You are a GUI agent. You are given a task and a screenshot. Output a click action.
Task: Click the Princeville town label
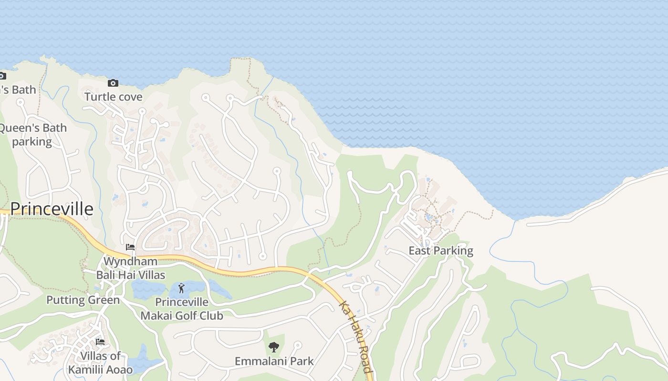(52, 209)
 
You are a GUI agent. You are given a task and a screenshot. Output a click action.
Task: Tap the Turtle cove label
(113, 97)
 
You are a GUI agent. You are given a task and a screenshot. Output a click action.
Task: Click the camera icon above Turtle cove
(113, 83)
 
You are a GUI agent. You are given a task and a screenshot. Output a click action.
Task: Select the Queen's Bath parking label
(32, 135)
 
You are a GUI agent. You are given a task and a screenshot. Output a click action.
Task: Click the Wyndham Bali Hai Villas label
(130, 268)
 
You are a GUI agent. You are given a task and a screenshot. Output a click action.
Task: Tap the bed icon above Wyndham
(130, 247)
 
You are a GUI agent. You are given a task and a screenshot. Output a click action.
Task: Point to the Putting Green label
(83, 300)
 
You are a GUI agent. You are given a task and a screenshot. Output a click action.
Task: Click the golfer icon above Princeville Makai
(181, 288)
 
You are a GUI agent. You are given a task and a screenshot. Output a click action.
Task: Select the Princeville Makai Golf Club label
(182, 309)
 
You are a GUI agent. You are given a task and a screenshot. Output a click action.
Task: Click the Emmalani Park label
(274, 361)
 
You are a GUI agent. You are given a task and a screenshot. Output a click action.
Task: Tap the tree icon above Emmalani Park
(273, 347)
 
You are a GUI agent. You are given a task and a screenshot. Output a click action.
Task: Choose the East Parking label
(441, 251)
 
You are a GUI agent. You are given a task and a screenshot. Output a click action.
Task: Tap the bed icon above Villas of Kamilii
(100, 342)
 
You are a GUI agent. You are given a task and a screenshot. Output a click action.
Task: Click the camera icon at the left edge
(2, 76)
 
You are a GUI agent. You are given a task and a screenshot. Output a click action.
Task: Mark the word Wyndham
(130, 261)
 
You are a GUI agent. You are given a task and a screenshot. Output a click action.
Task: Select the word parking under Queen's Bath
(32, 141)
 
